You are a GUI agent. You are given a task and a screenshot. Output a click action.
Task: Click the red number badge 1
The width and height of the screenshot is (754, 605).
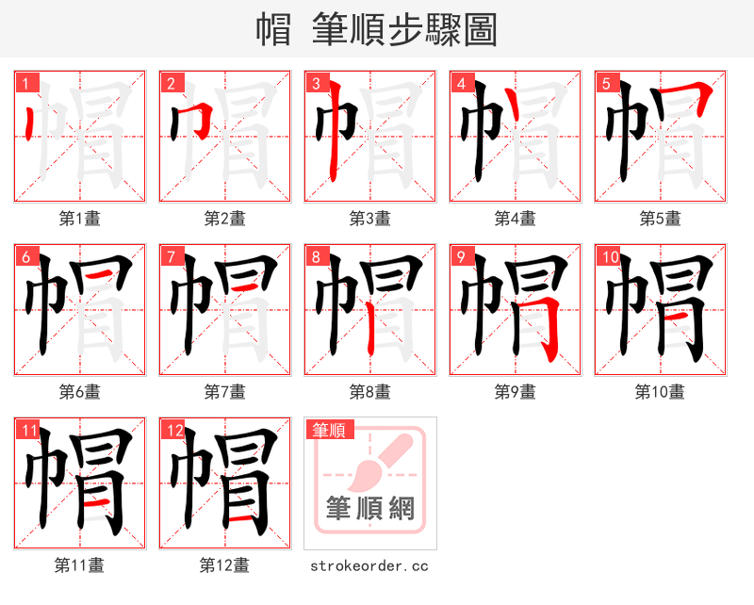pos(26,83)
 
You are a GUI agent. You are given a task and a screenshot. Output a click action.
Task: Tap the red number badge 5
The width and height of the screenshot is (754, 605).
pos(607,83)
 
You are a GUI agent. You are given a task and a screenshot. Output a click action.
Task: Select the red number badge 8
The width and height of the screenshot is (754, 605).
pos(317,256)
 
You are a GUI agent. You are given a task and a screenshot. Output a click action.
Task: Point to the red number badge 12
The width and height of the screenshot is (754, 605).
pos(172,430)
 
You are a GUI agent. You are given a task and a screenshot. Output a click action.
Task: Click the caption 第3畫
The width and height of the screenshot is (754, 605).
pos(369,219)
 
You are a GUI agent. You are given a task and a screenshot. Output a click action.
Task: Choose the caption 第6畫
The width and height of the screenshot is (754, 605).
pos(79,392)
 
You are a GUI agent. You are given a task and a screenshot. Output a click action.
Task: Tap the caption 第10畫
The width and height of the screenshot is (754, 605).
pos(660,392)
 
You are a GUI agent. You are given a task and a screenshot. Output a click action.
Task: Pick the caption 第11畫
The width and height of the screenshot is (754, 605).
pos(79,565)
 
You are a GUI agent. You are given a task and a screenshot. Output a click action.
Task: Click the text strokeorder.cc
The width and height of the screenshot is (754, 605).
pos(369,565)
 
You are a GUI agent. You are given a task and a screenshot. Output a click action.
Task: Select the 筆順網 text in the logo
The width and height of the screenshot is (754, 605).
pos(369,510)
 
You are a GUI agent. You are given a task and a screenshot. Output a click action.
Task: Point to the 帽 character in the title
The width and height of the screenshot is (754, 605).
pos(274,30)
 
